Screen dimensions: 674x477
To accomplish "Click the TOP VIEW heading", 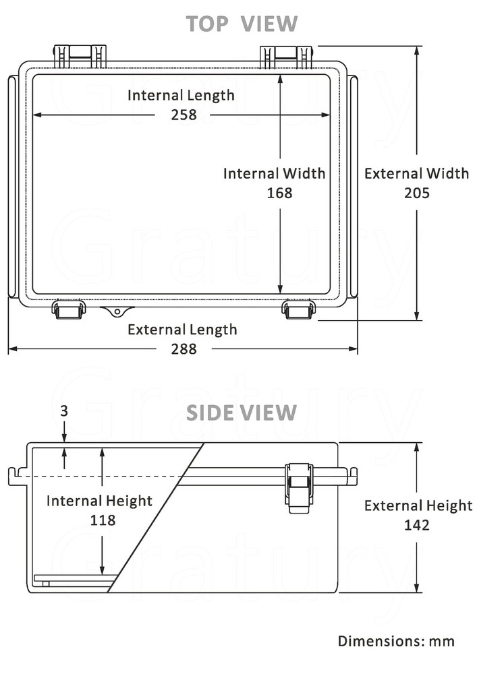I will pos(242,24).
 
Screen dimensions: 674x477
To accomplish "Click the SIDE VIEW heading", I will pos(242,412).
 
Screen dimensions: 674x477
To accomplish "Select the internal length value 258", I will pos(183,115).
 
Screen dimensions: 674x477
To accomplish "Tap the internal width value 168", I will pos(279,193).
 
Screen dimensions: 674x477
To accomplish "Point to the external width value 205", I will pos(416,193).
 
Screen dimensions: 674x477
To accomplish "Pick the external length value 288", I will pos(183,348).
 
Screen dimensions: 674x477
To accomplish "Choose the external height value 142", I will pos(416,525).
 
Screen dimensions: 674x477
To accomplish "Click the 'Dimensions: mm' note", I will pos(396,641).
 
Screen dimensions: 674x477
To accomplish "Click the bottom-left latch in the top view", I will pos(69,309).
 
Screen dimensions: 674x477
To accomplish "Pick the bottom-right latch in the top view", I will pos(299,309).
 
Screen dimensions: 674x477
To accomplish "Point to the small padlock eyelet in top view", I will pos(117,311).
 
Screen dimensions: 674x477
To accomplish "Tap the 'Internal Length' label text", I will pos(181,95).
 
